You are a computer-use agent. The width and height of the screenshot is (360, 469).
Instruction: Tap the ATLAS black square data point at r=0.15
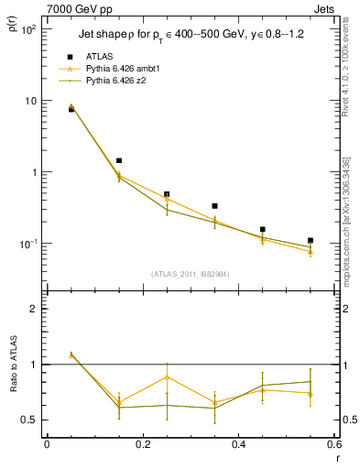tap(119, 161)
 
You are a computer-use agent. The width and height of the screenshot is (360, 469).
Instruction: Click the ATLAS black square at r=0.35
tap(214, 206)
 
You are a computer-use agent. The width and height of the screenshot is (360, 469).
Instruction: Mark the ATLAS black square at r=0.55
tap(311, 241)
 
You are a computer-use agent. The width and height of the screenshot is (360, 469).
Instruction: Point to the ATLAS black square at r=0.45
tap(263, 229)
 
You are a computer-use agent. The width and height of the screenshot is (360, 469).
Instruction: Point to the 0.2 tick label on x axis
tap(142, 444)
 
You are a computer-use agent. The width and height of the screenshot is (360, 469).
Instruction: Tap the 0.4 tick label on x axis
tap(239, 444)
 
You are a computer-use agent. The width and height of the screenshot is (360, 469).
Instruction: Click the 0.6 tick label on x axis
tap(334, 444)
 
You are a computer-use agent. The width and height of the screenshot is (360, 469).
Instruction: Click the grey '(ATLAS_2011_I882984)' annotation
tap(190, 273)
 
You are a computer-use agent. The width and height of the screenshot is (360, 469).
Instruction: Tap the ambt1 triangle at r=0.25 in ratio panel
tap(167, 376)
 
